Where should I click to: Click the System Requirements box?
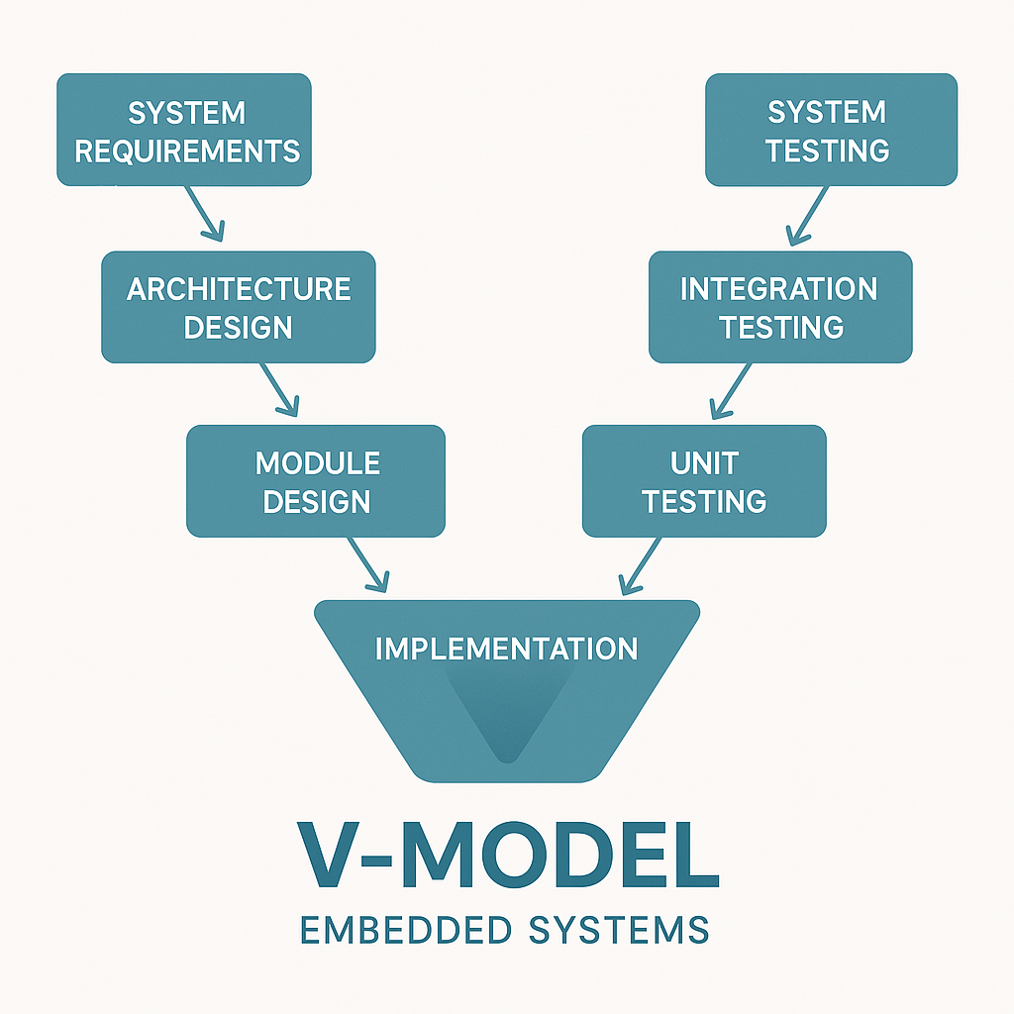[x=184, y=130]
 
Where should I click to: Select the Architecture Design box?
[x=239, y=306]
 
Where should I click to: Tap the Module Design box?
[x=316, y=480]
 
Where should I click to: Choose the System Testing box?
[x=831, y=130]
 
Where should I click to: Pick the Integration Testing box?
[x=780, y=306]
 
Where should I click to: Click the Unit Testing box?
[x=703, y=480]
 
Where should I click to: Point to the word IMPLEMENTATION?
[x=506, y=649]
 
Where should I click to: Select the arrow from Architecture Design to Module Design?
[x=279, y=388]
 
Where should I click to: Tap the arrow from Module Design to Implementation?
[x=367, y=565]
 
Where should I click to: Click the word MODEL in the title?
[x=563, y=851]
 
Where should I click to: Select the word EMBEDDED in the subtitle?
[x=409, y=931]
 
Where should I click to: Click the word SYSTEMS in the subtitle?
[x=619, y=931]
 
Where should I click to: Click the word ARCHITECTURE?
[x=239, y=288]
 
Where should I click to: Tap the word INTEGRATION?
[x=778, y=288]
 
